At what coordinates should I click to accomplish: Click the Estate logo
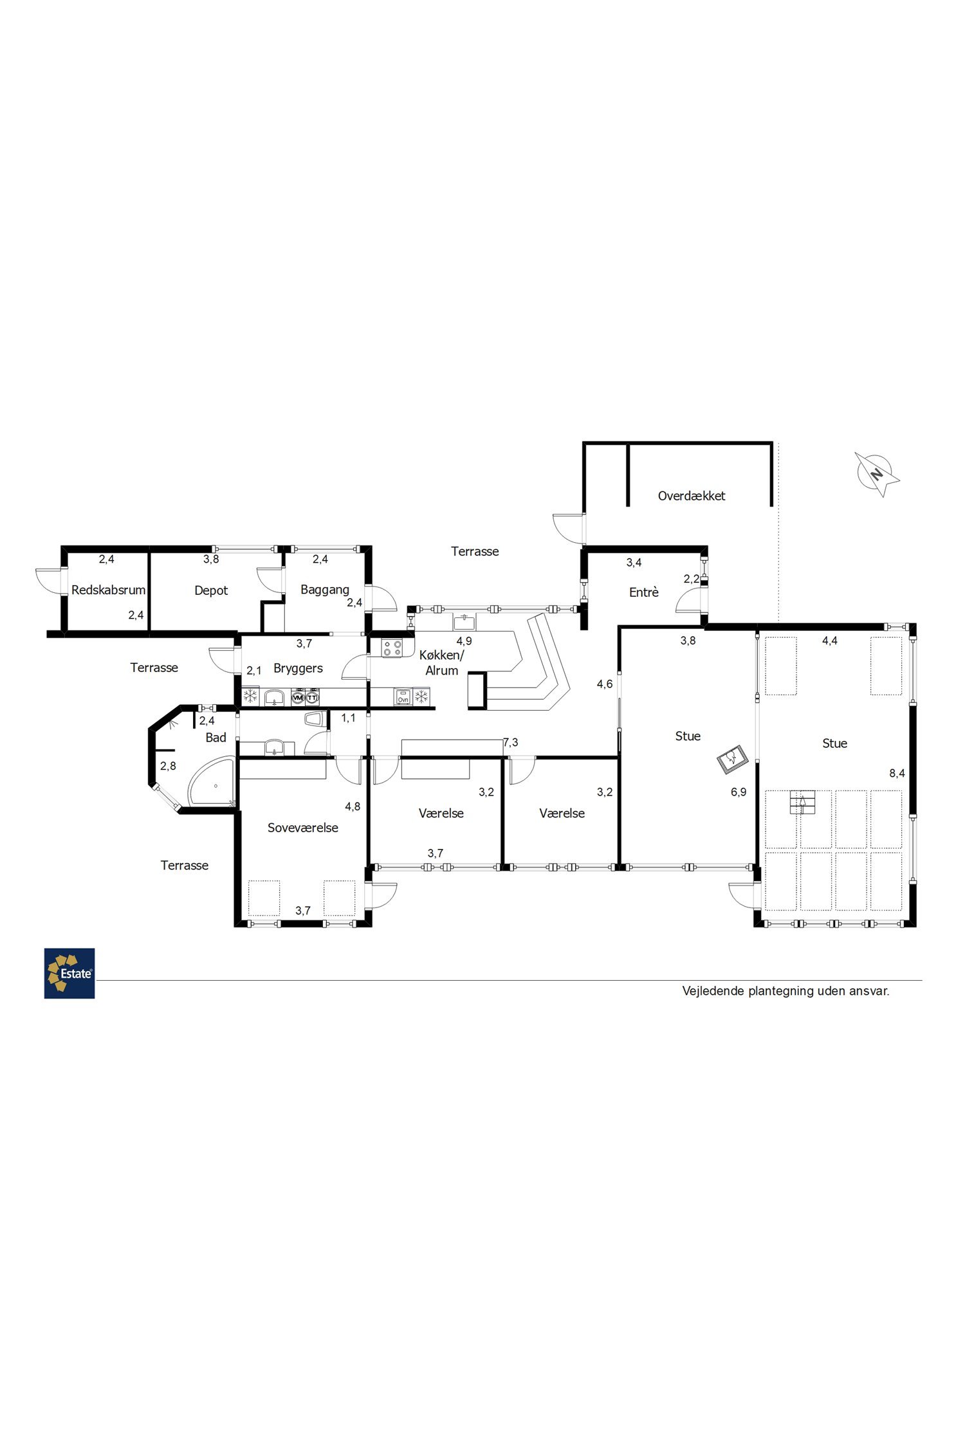(69, 973)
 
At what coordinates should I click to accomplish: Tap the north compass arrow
(877, 474)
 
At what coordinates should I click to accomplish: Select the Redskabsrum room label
(109, 590)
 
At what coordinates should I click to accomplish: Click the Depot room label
(211, 590)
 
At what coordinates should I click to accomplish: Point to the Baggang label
(325, 590)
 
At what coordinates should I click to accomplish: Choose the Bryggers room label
(298, 668)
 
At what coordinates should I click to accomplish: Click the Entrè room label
(644, 592)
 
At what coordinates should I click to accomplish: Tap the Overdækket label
(692, 496)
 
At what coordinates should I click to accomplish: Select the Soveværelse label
(303, 828)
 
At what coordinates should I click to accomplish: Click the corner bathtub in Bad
(209, 783)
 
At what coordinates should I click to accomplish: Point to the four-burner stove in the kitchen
(392, 648)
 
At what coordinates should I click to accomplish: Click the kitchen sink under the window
(464, 622)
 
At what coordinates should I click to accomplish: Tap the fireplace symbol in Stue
(733, 760)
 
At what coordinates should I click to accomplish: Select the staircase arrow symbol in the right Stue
(802, 803)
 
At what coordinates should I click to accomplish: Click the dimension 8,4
(897, 773)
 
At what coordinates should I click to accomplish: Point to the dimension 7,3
(510, 743)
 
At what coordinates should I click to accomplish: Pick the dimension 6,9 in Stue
(739, 792)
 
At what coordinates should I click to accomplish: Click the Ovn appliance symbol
(403, 696)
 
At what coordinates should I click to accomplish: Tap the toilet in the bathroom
(315, 718)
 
